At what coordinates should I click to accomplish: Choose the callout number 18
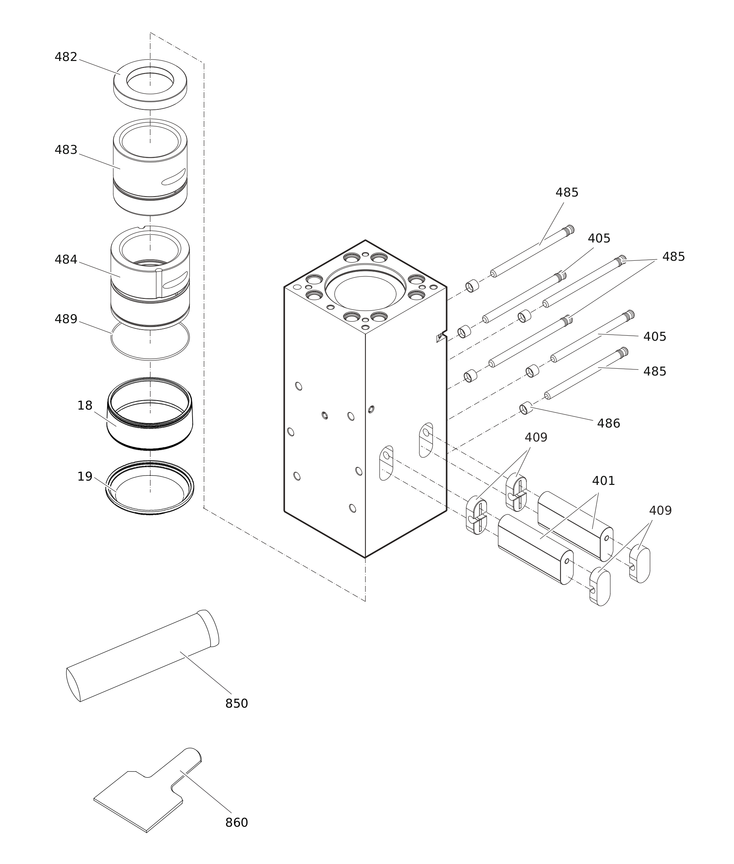tap(85, 405)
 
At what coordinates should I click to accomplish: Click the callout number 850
tap(236, 703)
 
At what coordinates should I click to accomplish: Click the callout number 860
tap(236, 822)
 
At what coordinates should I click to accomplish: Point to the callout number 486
tap(608, 423)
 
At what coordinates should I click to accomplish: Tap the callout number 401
tap(603, 481)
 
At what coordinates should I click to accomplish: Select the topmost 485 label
tap(567, 192)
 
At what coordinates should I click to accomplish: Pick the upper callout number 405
tap(599, 239)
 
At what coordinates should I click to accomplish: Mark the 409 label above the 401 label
tap(536, 438)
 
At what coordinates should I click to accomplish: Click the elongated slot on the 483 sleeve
tap(174, 176)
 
